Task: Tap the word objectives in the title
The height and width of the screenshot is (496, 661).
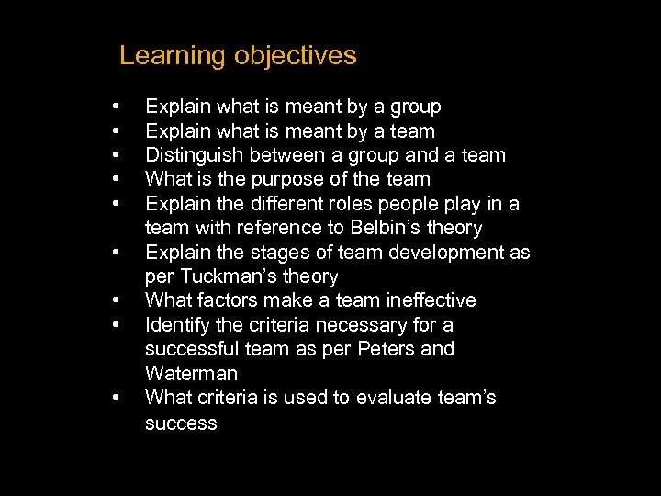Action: [x=295, y=56]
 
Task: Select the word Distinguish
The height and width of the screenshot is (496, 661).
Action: [x=190, y=155]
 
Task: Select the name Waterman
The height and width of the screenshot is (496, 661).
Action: [x=191, y=374]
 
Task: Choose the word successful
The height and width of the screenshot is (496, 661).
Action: [x=191, y=349]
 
